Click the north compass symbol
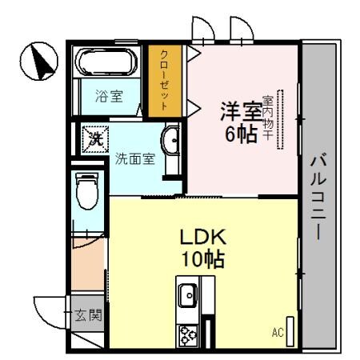point(38,63)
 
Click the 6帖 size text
point(240,134)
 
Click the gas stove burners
point(189,334)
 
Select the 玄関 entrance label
point(89,315)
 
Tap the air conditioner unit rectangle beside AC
point(290,328)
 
